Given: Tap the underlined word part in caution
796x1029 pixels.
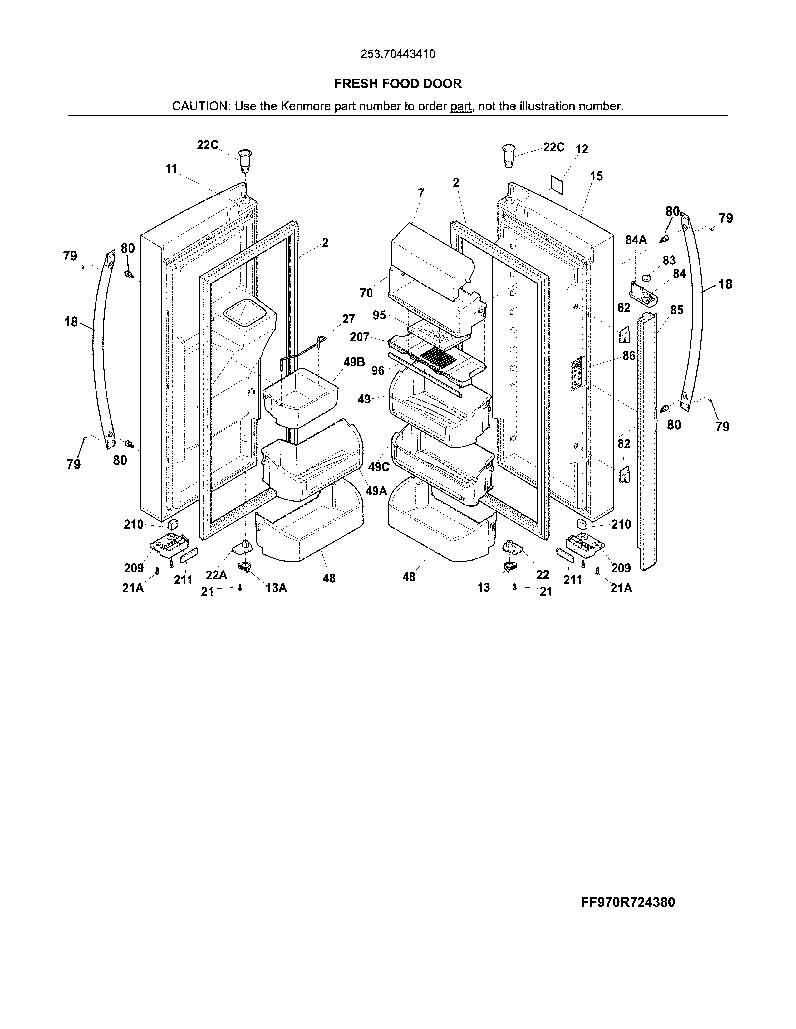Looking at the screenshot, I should coord(461,106).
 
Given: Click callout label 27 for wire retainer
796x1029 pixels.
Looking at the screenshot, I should coord(348,319).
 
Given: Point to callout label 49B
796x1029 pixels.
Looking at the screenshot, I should coord(354,362).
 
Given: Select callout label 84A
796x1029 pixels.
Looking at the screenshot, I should coord(636,240).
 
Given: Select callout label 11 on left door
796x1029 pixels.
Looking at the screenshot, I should coord(171,168).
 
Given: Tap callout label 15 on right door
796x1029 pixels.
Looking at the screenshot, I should coord(596,176).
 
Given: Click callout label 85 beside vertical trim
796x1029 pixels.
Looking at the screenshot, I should coord(677,310).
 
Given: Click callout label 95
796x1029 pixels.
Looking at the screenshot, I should coord(379,315).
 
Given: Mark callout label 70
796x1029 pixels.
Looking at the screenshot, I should coord(366,293).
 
